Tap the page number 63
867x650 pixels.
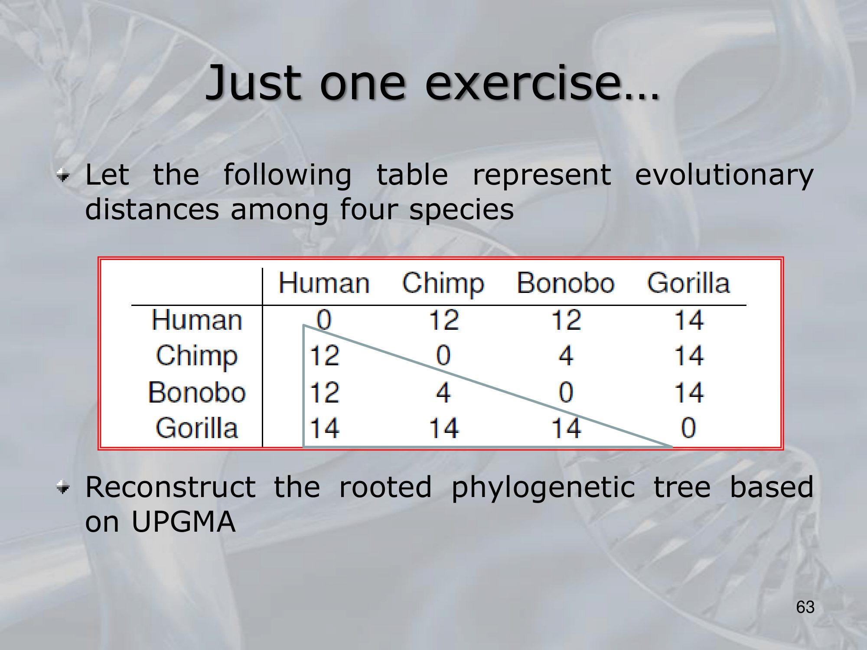pyautogui.click(x=805, y=607)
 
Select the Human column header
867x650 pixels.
pyautogui.click(x=324, y=283)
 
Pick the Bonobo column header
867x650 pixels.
pyautogui.click(x=566, y=283)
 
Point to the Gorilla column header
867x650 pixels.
pyautogui.click(x=688, y=283)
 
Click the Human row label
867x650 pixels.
pyautogui.click(x=196, y=320)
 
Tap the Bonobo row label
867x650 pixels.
pyautogui.click(x=197, y=393)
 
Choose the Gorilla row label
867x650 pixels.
pyautogui.click(x=197, y=428)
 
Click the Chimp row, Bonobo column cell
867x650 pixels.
pyautogui.click(x=566, y=355)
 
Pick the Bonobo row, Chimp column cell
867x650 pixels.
pyautogui.click(x=443, y=393)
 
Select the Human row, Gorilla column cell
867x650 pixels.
pyautogui.click(x=689, y=320)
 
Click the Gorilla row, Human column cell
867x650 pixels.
pyautogui.click(x=325, y=428)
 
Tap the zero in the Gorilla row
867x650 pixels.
pyautogui.click(x=688, y=428)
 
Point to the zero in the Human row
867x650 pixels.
pyautogui.click(x=324, y=320)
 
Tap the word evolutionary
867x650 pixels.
pyautogui.click(x=724, y=176)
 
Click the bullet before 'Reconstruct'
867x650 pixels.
pyautogui.click(x=63, y=487)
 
